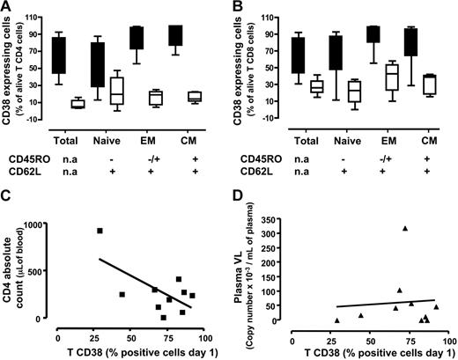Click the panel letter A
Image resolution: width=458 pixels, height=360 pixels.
[7, 7]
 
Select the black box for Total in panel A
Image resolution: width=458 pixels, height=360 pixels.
[59, 55]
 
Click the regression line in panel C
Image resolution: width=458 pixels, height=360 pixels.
[132, 281]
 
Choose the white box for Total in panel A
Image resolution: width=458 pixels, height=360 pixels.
[78, 104]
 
